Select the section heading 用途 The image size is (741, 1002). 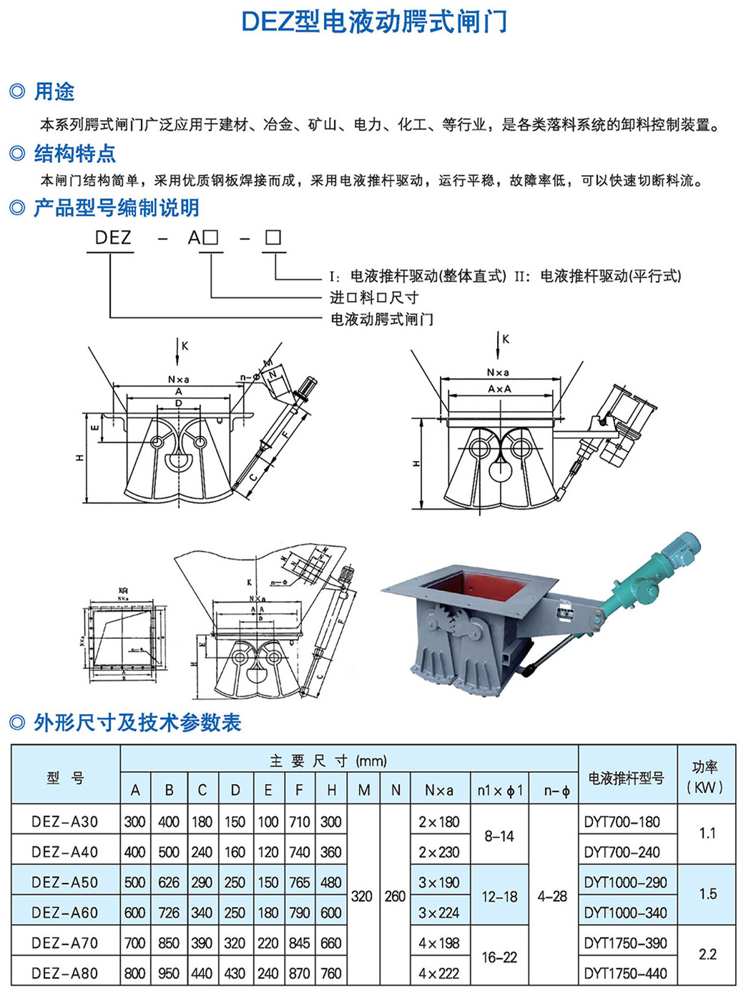54,91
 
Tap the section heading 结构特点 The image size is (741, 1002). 74,153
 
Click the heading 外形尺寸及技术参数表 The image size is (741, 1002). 137,723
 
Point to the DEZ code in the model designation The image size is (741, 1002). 113,237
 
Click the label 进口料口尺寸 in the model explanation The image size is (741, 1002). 373,297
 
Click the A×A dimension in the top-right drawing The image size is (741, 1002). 499,389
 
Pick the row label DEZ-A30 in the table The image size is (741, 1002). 65,822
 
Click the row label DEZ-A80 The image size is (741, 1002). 65,973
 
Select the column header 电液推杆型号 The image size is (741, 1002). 626,778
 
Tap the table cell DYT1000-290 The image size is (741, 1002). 625,883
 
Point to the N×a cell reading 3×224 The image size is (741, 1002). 439,913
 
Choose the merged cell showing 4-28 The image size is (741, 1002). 552,896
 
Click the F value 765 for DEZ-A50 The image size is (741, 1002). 299,883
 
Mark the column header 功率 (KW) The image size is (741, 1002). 705,777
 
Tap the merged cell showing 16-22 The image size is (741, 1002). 499,958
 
